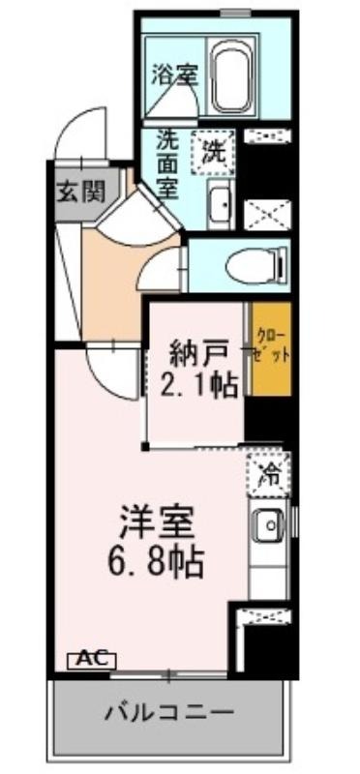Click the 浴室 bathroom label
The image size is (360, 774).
[174, 74]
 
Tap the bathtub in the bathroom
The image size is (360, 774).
[232, 80]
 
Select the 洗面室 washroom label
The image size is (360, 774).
[167, 164]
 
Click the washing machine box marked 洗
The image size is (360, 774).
[213, 152]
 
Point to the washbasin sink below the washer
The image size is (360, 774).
[221, 203]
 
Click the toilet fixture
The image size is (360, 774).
[256, 267]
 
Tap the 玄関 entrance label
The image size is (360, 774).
[82, 192]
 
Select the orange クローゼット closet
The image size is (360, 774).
[271, 348]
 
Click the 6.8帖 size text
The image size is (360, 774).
[156, 563]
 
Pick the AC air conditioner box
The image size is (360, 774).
[92, 659]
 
